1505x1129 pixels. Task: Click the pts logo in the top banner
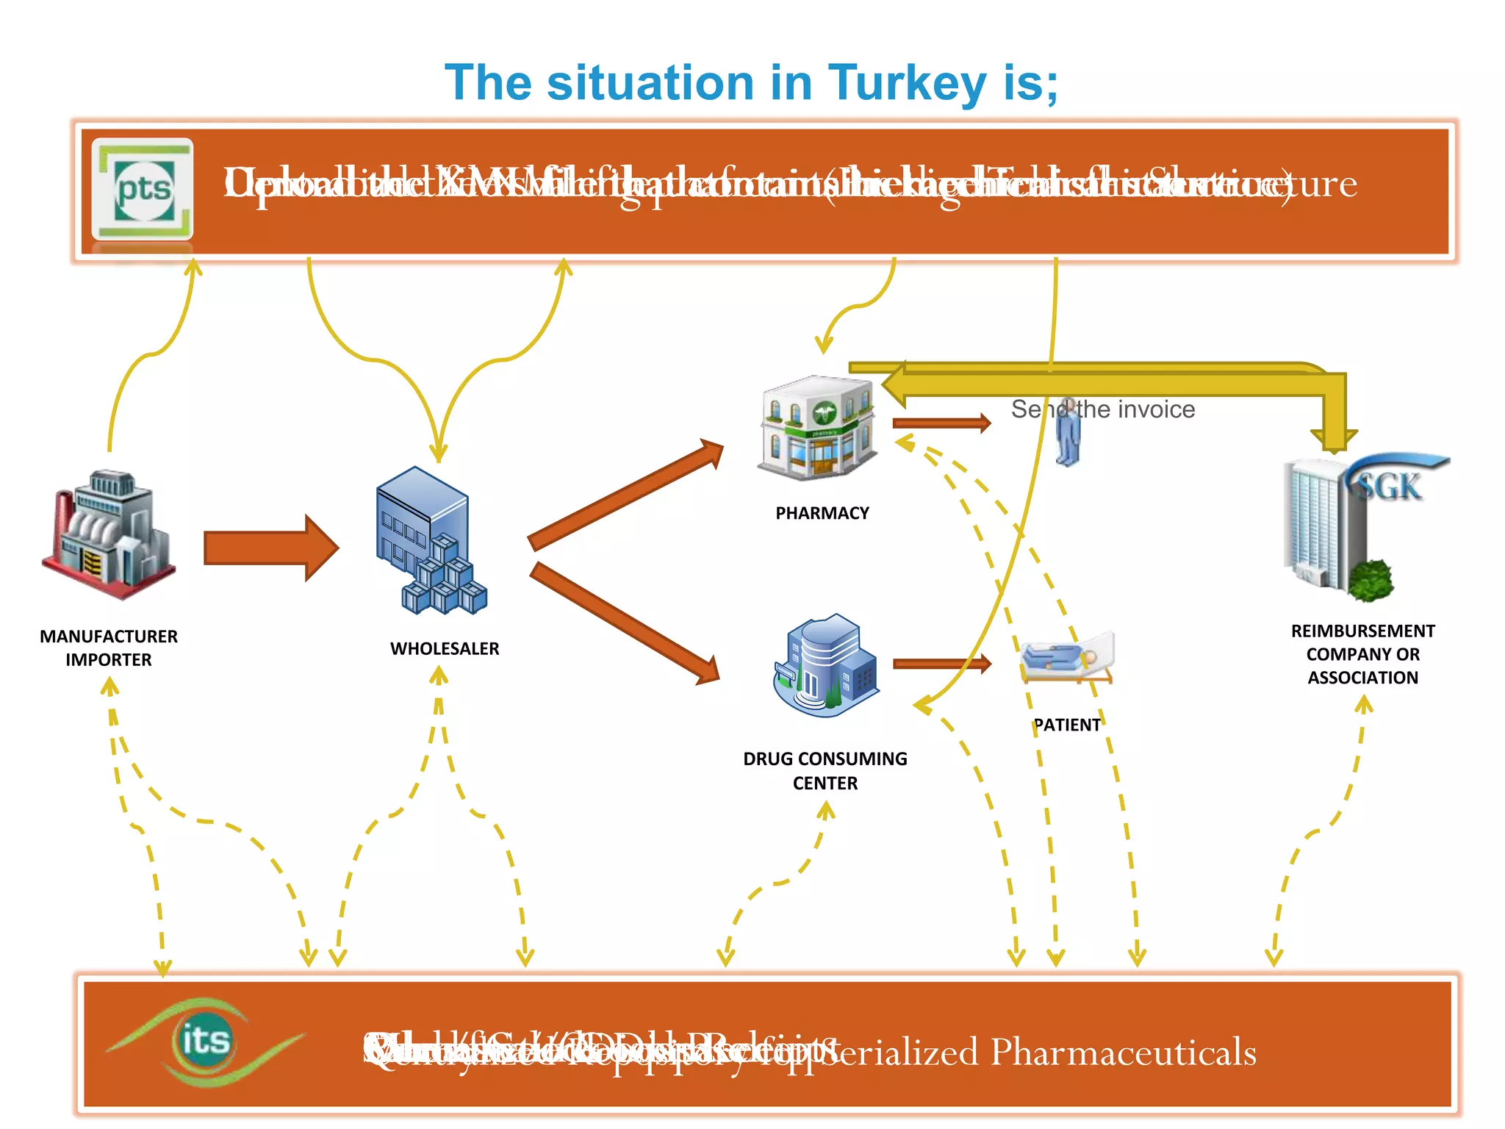143,189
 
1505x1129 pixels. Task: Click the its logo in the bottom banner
205,1041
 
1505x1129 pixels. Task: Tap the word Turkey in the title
907,82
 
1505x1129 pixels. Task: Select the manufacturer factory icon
109,535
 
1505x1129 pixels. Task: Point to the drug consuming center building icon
825,666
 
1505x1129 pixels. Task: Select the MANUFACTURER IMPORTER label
109,648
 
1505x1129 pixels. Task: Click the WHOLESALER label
445,648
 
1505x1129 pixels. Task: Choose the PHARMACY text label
822,513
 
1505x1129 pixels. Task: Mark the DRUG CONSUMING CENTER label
825,770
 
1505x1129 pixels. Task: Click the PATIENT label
1067,725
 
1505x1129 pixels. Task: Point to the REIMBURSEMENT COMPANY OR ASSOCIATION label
1362,654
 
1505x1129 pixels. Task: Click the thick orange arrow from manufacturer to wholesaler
269,548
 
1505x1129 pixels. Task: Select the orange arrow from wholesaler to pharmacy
625,494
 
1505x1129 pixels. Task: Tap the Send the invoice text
1102,409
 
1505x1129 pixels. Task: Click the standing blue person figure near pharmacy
1068,434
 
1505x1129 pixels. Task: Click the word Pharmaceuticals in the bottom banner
1123,1052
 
